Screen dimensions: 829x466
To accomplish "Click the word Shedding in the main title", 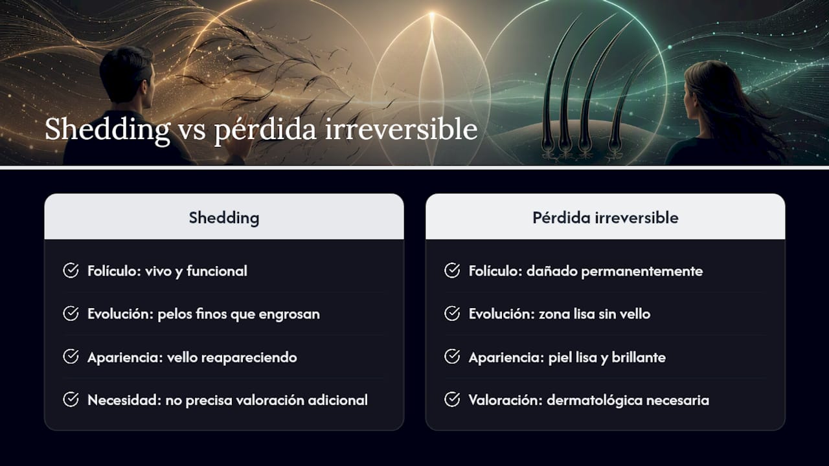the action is (108, 129).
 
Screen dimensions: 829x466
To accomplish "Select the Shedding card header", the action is (224, 217).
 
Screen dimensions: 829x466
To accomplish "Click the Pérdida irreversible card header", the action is (606, 217).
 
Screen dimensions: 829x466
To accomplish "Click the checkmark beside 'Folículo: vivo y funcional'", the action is (71, 271).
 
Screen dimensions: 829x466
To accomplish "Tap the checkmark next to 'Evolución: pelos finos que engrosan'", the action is (71, 314).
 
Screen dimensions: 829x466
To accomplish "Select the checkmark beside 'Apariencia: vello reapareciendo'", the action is (71, 357).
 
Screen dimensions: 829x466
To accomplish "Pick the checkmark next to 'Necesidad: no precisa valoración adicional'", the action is (71, 399).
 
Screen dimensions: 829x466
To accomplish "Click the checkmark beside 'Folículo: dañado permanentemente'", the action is (452, 271).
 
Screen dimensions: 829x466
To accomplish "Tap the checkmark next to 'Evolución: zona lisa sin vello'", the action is (452, 314).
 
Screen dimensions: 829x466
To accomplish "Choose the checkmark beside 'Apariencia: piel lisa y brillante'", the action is (452, 357).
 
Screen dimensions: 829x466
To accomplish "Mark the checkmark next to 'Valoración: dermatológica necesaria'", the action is (452, 399).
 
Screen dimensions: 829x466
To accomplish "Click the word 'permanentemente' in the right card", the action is (642, 272).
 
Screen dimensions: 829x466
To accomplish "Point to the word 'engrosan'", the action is (289, 315).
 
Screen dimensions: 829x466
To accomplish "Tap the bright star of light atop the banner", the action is (431, 15).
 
